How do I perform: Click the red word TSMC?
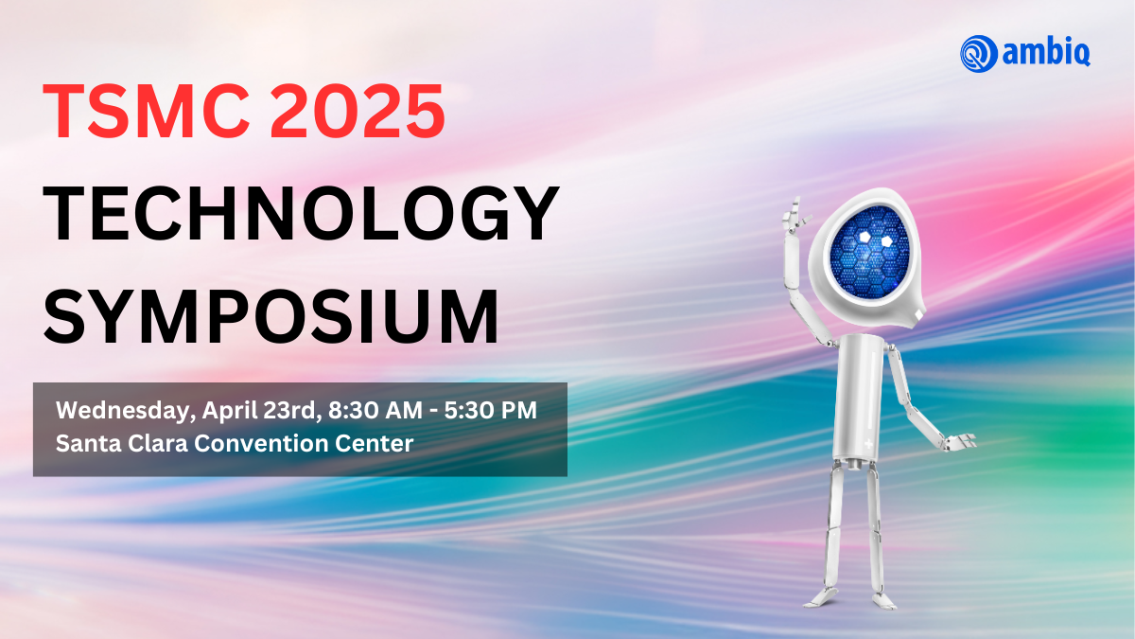[x=147, y=111]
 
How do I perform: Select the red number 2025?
[x=358, y=111]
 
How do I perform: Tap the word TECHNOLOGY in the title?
[x=301, y=213]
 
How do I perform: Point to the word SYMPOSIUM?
[x=271, y=315]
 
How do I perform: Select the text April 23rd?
[x=262, y=411]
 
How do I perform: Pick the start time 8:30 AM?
[x=375, y=410]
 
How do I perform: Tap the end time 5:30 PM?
[x=491, y=410]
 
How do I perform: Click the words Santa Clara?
[x=122, y=444]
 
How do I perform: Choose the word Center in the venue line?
[x=374, y=444]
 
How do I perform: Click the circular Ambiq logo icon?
[x=978, y=54]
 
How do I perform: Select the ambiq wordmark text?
[x=1046, y=52]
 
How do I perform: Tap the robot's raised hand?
[x=795, y=214]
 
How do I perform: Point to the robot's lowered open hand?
[x=960, y=442]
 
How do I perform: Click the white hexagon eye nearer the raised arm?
[x=864, y=237]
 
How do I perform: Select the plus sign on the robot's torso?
[x=868, y=444]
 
